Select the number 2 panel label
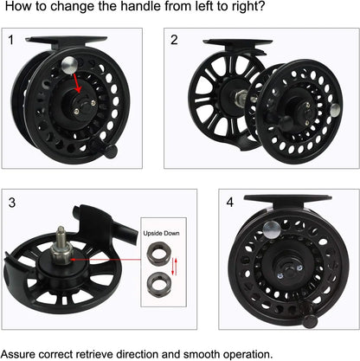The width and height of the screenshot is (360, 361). click(x=174, y=40)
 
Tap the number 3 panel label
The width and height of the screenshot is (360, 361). click(x=12, y=203)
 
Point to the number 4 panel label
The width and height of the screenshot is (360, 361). click(x=229, y=203)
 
